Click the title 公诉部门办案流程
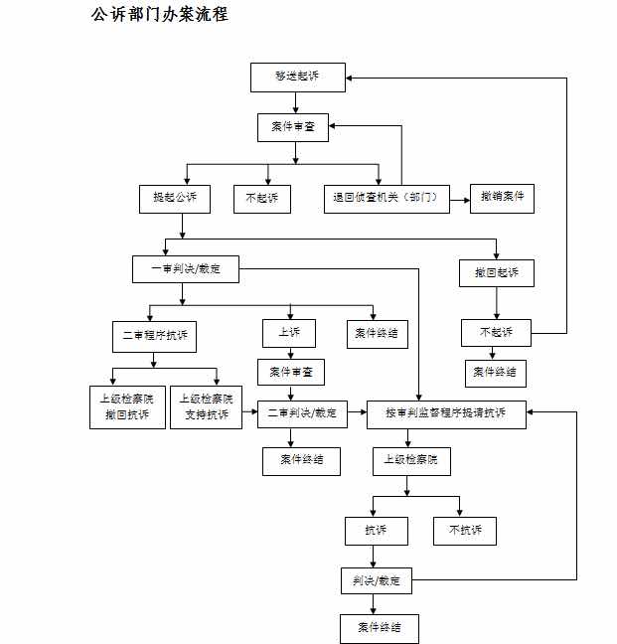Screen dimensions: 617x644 159,15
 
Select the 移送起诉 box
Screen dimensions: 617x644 298,78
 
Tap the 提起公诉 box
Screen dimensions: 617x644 175,199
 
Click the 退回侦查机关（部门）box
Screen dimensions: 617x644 386,199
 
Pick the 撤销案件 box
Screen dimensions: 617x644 502,199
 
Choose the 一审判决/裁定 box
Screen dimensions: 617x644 186,269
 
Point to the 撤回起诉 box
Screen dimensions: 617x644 497,273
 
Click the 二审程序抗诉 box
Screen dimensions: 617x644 154,337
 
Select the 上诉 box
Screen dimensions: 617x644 289,334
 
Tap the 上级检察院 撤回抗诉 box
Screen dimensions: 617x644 127,407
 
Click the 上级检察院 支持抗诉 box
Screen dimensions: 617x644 206,407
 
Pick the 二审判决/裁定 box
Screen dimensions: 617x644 303,414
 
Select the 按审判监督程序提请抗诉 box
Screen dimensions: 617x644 446,414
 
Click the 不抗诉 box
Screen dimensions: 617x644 465,531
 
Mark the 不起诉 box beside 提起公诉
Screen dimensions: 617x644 262,199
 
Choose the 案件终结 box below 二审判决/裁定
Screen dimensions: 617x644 302,462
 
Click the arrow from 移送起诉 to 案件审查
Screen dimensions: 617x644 295,102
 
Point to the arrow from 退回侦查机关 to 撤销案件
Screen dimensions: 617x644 460,200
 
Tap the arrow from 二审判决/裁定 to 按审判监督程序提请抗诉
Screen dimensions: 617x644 357,412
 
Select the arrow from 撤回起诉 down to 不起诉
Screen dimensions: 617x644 497,303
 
